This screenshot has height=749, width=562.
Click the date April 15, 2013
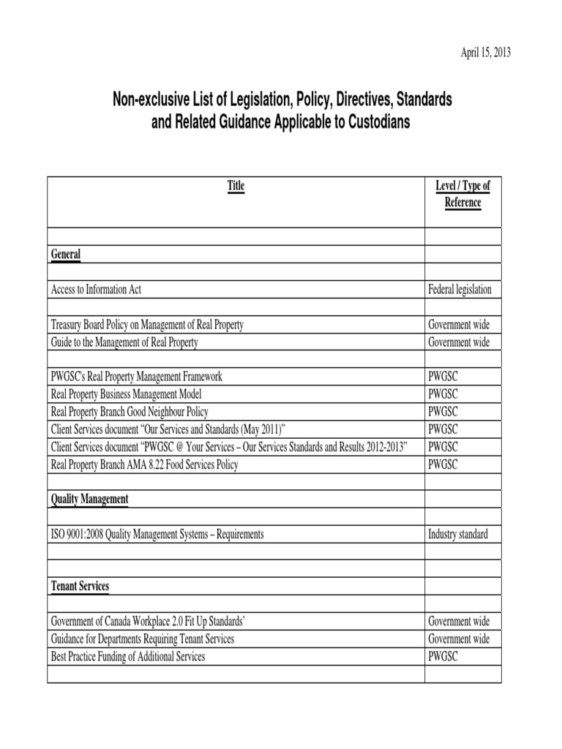pos(485,53)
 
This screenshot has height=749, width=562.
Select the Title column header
pos(236,186)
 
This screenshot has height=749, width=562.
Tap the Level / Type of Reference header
pos(462,194)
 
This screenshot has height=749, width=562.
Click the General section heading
pos(66,255)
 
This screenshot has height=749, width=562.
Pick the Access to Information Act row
pos(96,290)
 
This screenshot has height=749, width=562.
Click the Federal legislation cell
pos(460,290)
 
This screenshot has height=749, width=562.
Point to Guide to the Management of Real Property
pos(124,342)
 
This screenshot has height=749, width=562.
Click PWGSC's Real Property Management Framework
pos(136,377)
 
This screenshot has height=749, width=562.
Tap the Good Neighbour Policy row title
pos(130,412)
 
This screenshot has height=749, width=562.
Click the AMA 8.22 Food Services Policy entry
pos(144,464)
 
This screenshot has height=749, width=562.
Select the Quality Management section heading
pos(90,499)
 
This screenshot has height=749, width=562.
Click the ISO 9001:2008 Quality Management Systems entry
pos(157,534)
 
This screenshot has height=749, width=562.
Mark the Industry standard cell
pos(457,534)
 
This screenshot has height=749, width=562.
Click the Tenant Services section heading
pos(80,587)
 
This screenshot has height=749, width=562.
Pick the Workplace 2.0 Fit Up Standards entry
pos(148,622)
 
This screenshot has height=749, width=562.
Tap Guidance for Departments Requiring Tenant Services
pos(143,639)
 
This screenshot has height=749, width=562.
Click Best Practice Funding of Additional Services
pos(128,657)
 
